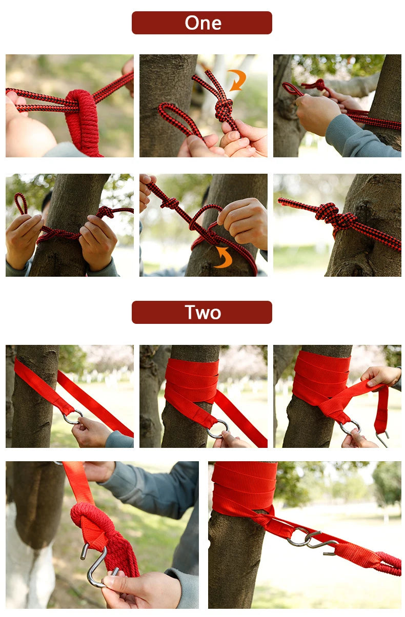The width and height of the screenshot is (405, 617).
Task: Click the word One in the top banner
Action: [x=203, y=23]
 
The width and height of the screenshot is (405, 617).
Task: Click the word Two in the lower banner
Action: [x=203, y=312]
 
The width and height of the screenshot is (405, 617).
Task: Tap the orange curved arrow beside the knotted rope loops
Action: [x=237, y=79]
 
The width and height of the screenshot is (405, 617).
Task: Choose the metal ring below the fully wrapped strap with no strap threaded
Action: [x=219, y=428]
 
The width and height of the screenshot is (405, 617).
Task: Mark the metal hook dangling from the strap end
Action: [x=382, y=437]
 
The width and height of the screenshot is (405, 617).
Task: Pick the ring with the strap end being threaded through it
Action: [x=350, y=426]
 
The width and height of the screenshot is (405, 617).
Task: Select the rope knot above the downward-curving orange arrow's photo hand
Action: [x=169, y=203]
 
